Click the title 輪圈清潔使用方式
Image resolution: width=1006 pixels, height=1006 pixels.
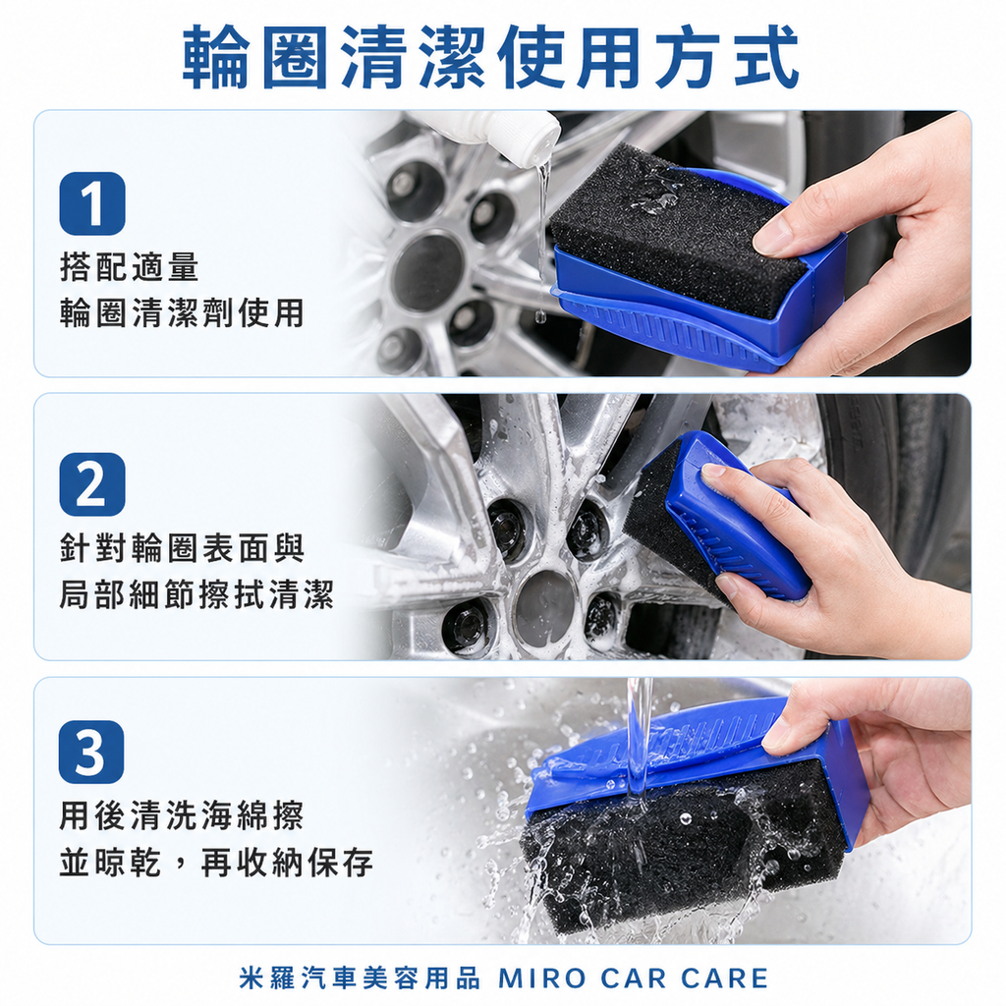coord(491,58)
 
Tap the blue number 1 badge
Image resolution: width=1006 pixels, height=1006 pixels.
coord(91,203)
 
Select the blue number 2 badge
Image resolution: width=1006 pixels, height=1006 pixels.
coord(91,484)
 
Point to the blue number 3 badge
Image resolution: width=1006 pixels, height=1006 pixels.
coord(91,752)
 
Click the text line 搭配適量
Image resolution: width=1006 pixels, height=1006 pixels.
coord(129,266)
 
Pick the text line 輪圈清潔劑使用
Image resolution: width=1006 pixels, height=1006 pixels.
coord(182,312)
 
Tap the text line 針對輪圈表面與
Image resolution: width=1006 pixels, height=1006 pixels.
coord(182,547)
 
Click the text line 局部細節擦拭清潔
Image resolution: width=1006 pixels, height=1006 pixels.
coord(196,594)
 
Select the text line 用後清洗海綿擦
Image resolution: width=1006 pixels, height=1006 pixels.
coord(182,815)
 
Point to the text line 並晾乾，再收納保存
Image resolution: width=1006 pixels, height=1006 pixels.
coord(216,863)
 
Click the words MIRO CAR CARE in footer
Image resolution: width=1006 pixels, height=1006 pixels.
coord(634,978)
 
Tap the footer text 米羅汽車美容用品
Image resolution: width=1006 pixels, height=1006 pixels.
coord(360,978)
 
